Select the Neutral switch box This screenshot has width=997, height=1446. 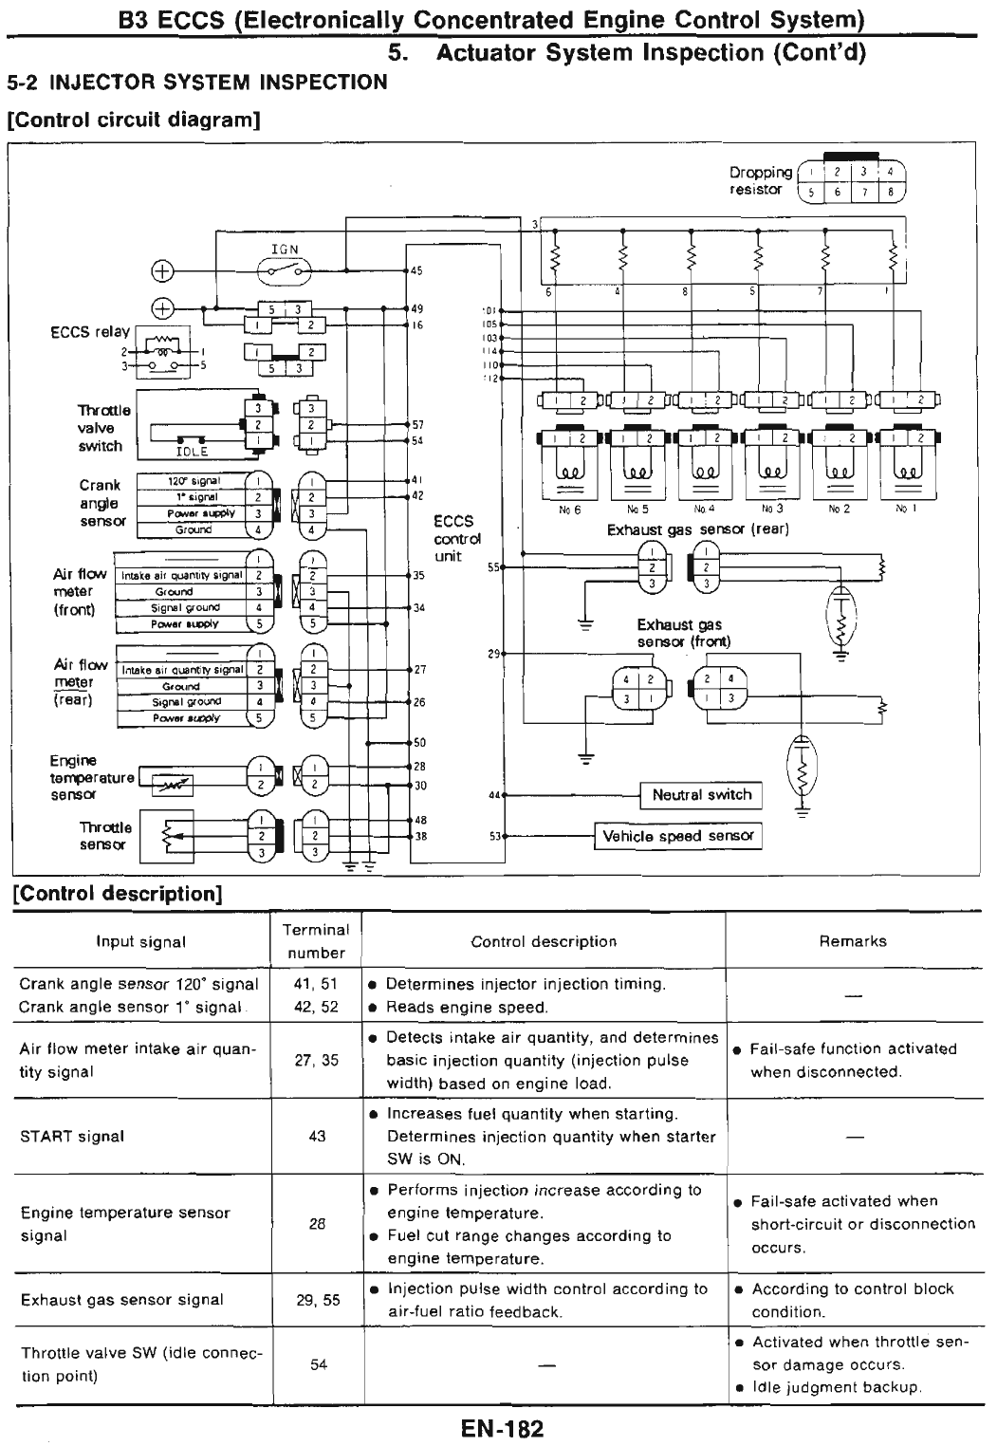tap(701, 795)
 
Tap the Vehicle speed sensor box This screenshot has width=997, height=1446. tap(678, 836)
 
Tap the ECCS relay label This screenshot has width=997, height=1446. tap(90, 332)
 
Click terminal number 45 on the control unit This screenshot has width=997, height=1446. tap(416, 271)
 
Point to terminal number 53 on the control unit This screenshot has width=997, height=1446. tap(494, 836)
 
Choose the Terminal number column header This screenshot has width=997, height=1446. tap(316, 941)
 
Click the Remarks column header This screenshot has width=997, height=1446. tap(852, 941)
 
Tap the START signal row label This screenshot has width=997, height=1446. tap(72, 1137)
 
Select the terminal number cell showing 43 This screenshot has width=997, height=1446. tap(317, 1137)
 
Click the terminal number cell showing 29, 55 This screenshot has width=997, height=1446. tap(317, 1300)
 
